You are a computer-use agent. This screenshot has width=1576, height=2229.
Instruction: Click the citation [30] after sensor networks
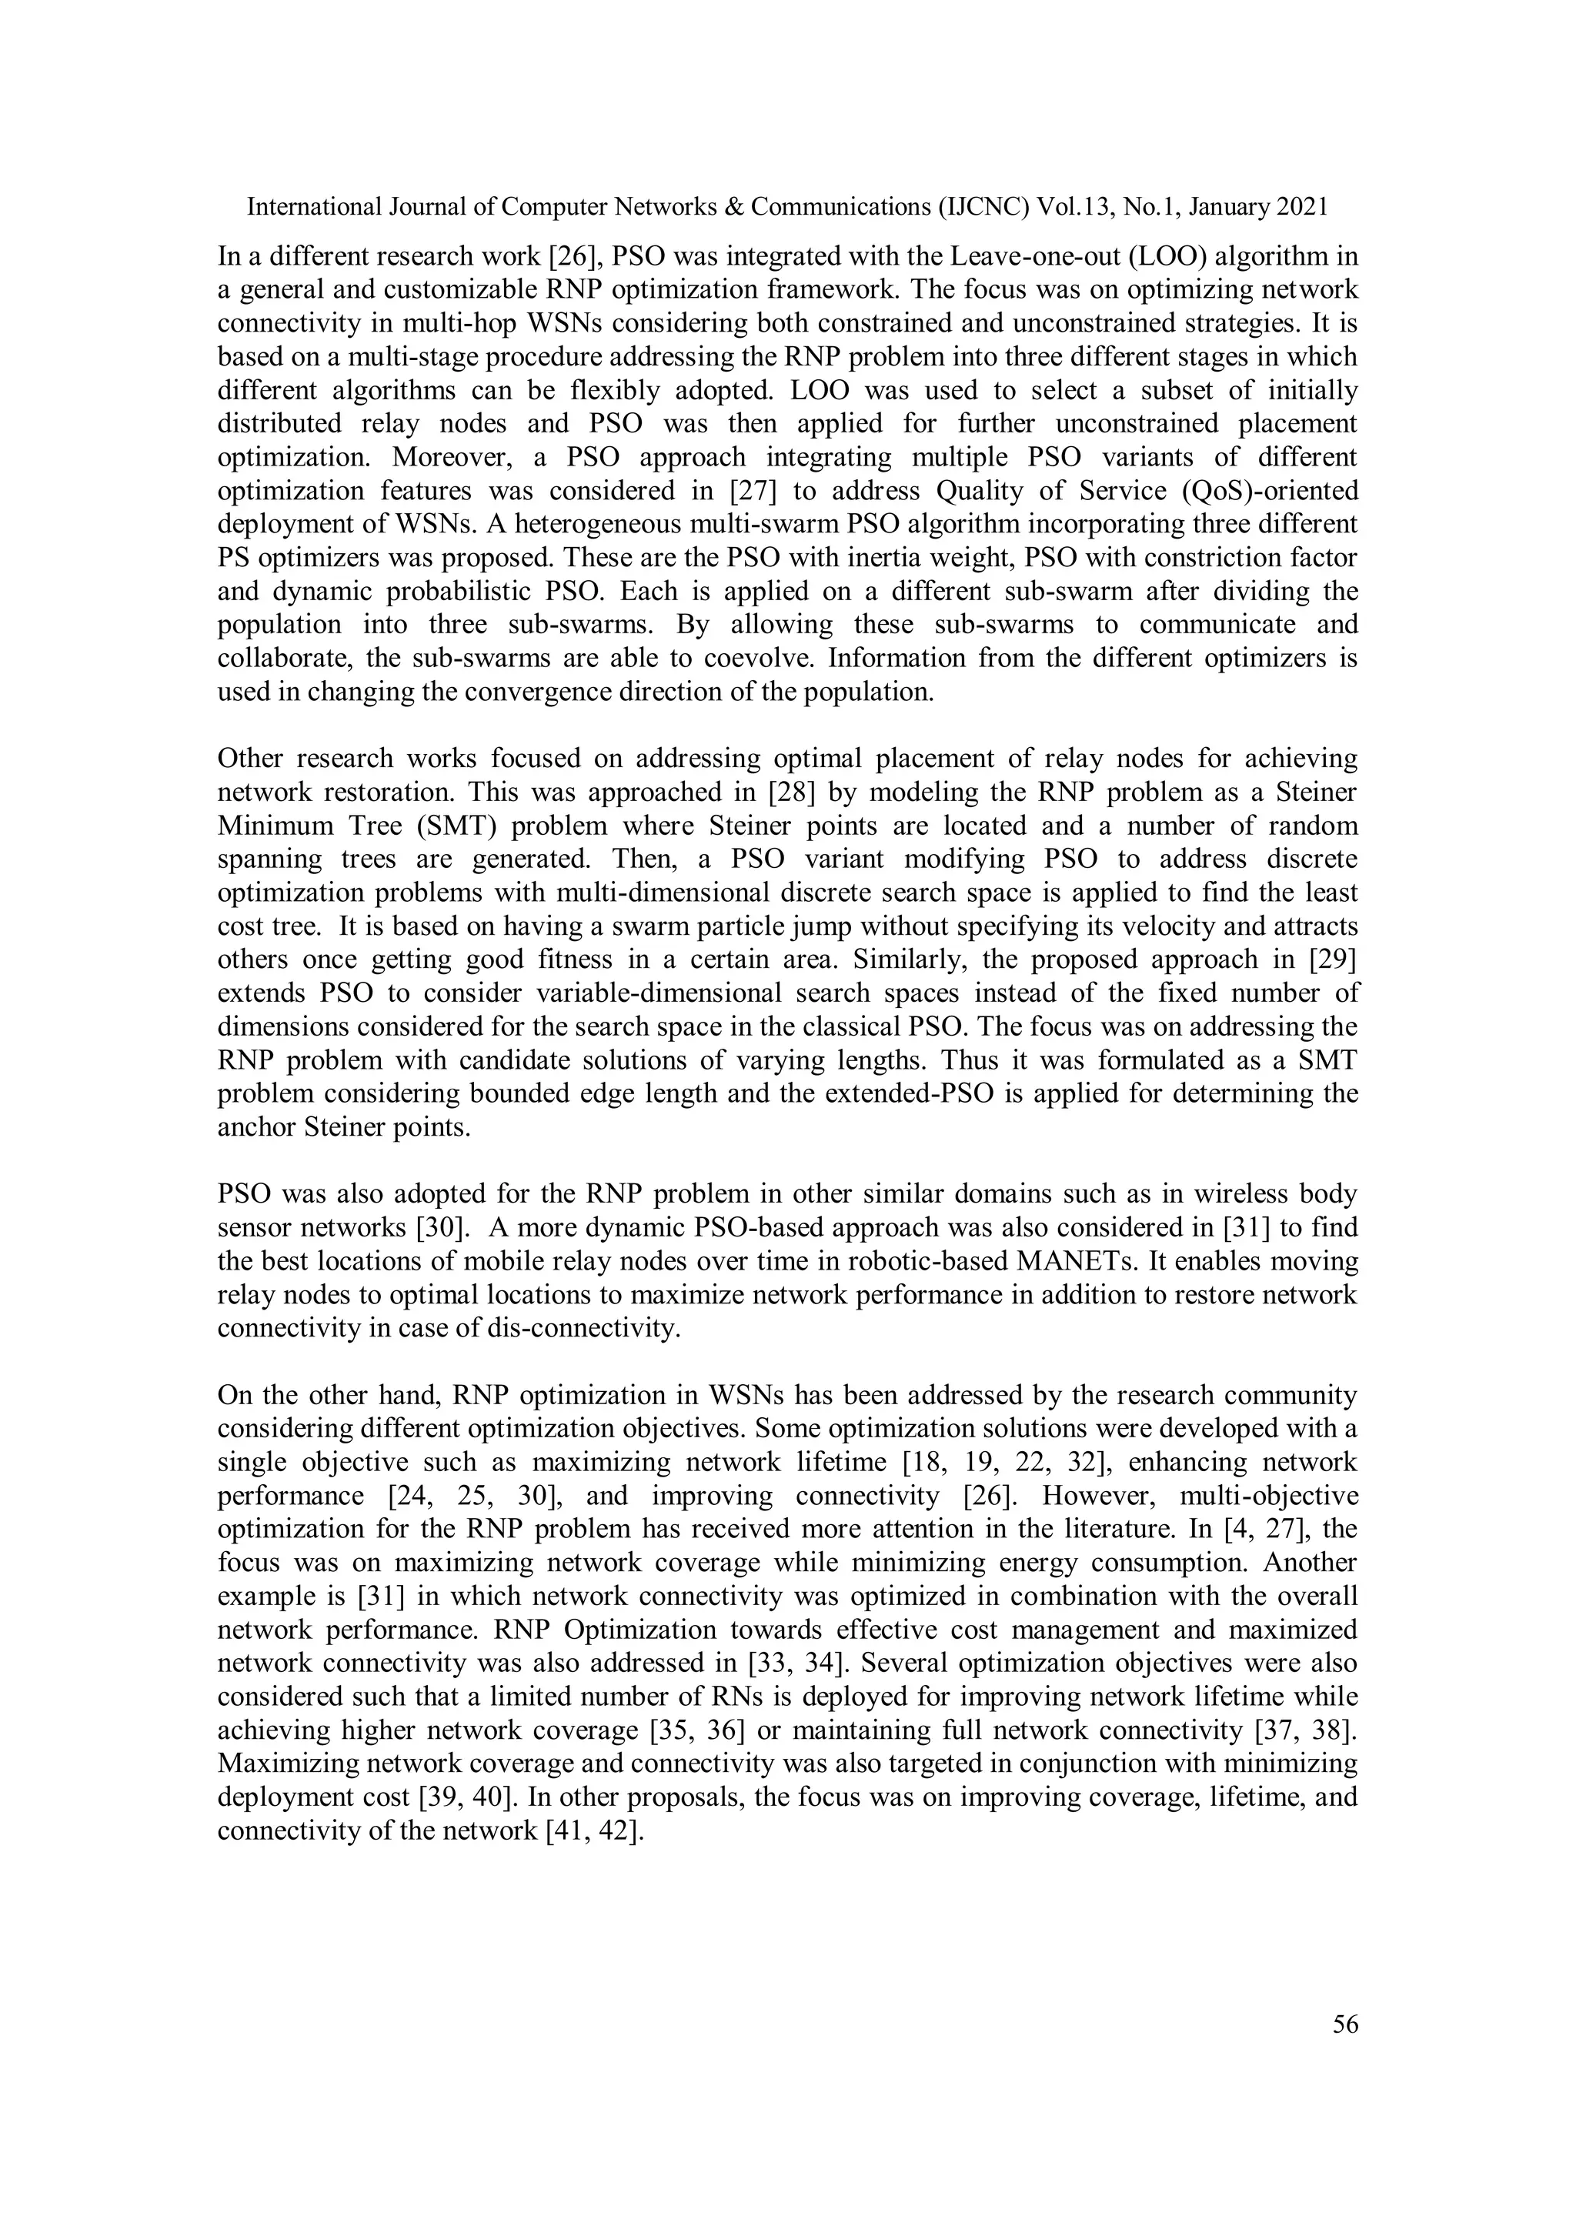point(444,1227)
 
